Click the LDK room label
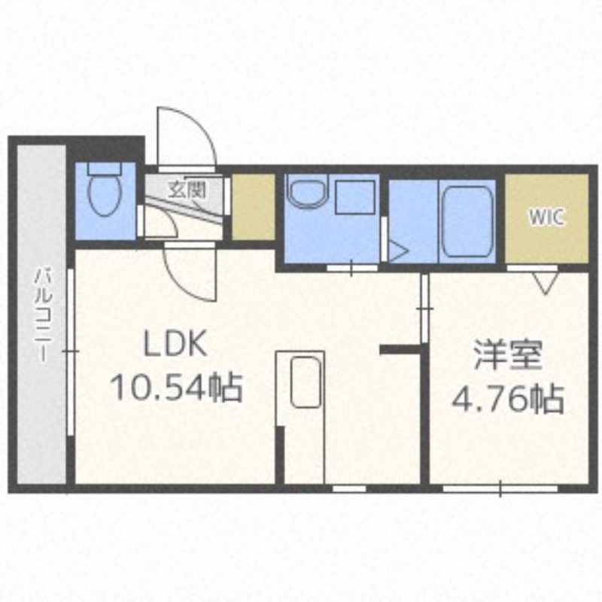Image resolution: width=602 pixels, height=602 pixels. pyautogui.click(x=175, y=343)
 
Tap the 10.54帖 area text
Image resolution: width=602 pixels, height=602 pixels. pyautogui.click(x=176, y=387)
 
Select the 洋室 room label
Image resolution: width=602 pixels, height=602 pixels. pyautogui.click(x=508, y=354)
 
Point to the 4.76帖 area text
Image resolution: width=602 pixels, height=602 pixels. pyautogui.click(x=508, y=399)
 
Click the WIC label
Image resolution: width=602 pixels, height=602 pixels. pyautogui.click(x=547, y=217)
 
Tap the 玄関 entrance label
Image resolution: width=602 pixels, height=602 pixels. pyautogui.click(x=187, y=190)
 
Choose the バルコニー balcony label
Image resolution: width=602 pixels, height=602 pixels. pyautogui.click(x=42, y=315)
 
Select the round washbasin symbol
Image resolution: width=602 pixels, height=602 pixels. pyautogui.click(x=309, y=190)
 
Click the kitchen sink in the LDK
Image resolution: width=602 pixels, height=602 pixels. pyautogui.click(x=306, y=382)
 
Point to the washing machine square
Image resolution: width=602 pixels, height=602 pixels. pyautogui.click(x=355, y=197)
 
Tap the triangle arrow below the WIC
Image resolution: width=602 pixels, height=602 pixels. pyautogui.click(x=546, y=283)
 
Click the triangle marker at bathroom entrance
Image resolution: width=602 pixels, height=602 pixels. pyautogui.click(x=399, y=251)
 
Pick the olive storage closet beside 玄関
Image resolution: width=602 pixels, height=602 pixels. pyautogui.click(x=254, y=208)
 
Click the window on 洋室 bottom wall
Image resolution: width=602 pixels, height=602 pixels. pyautogui.click(x=500, y=488)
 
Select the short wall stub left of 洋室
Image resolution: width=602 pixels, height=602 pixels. pyautogui.click(x=400, y=349)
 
